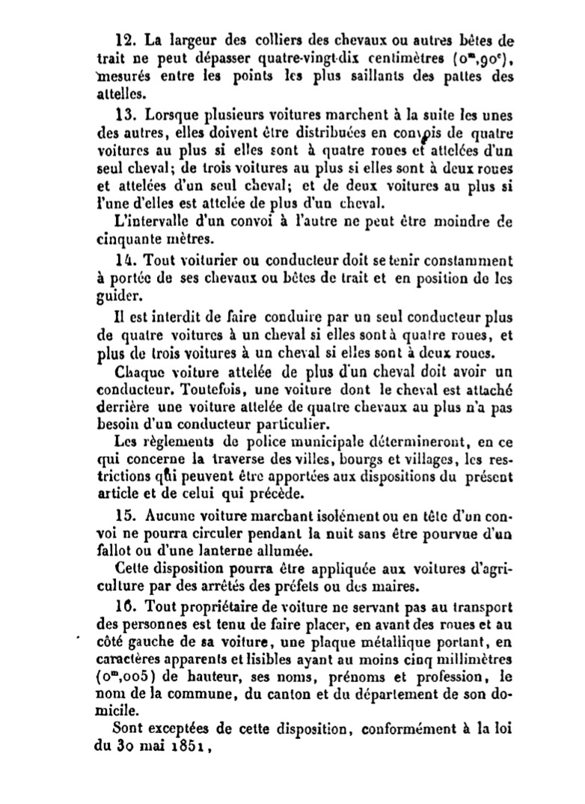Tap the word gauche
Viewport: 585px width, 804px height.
(x=150, y=641)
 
